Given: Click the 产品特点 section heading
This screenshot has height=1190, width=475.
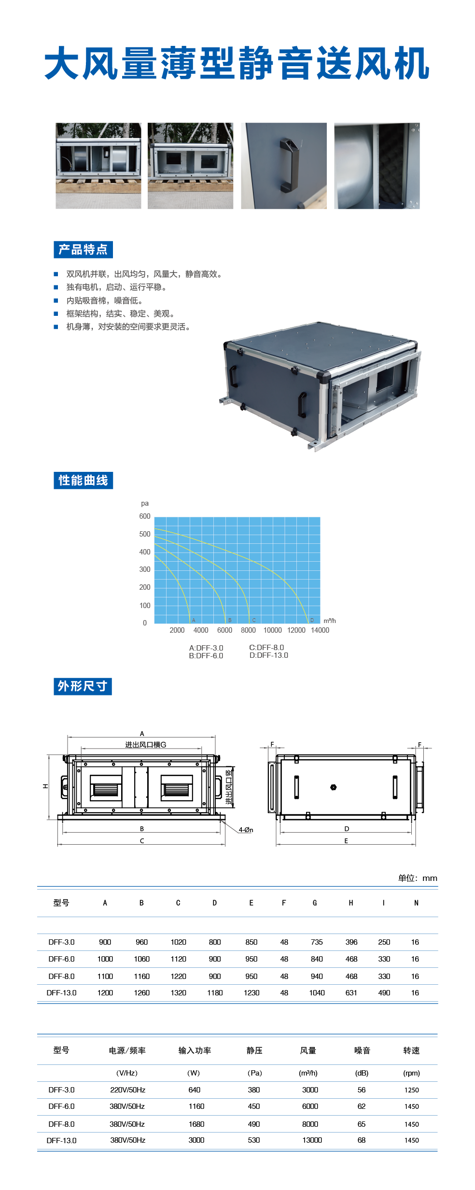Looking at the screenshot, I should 83,250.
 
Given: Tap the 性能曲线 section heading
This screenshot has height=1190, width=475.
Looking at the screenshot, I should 83,481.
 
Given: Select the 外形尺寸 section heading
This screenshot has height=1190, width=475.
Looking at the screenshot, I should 83,686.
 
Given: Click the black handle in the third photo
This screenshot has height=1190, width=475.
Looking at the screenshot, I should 288,165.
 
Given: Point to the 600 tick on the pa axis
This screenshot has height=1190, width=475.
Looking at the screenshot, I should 145,516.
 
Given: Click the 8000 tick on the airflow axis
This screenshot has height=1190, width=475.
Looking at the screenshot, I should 248,630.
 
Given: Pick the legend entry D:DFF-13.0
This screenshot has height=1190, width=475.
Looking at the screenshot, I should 268,655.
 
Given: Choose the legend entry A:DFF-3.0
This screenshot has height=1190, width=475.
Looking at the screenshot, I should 206,648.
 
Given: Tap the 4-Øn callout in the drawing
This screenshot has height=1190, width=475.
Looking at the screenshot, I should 246,830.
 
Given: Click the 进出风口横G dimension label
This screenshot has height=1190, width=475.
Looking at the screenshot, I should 145,745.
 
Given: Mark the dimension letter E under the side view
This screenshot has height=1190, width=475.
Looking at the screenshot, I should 346,841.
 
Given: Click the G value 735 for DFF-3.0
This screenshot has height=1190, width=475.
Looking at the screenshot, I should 317,942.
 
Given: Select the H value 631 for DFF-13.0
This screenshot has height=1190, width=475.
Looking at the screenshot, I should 351,993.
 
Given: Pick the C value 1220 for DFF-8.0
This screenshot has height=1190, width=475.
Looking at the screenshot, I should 178,977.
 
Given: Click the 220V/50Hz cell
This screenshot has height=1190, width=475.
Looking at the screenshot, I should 127,1090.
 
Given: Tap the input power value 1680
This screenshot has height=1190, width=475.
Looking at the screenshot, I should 196,1124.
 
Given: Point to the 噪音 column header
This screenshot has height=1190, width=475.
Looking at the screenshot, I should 362,1050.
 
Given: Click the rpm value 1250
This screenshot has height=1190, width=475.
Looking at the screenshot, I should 411,1090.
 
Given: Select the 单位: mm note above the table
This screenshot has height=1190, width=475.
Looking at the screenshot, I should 417,878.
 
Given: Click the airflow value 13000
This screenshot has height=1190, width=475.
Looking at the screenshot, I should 312,1140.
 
